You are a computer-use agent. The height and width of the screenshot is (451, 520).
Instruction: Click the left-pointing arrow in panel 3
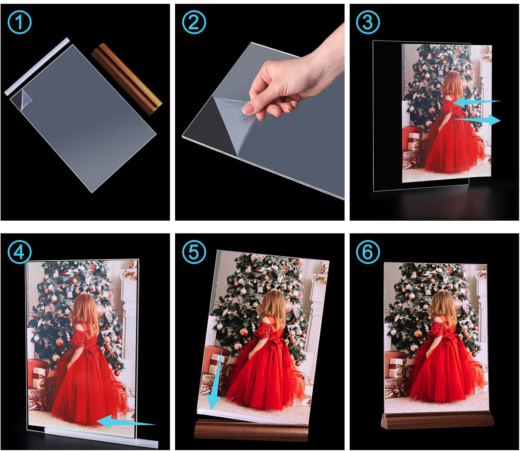coord(477,101)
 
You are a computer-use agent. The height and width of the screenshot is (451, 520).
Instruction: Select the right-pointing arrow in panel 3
coord(477,120)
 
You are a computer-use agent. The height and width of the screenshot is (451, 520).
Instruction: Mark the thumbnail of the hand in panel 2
coord(246,109)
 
